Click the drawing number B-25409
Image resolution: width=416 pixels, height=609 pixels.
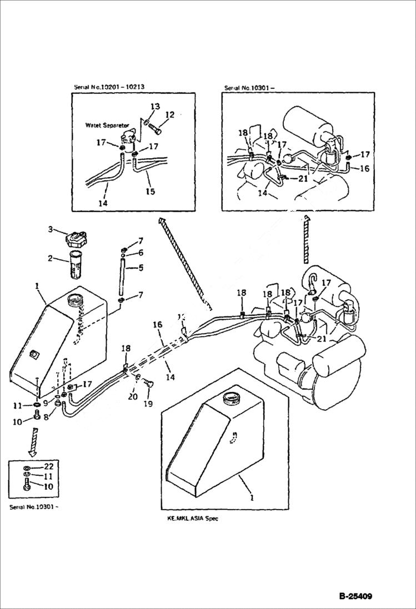click(355, 597)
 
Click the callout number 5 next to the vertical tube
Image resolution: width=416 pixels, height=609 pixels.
click(141, 267)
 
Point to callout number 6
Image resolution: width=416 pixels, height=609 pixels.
click(141, 253)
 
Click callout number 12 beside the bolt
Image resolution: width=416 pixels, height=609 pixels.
click(170, 115)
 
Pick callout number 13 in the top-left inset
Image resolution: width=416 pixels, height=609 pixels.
click(155, 106)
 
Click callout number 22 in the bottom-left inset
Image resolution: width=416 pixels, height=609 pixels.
click(48, 466)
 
